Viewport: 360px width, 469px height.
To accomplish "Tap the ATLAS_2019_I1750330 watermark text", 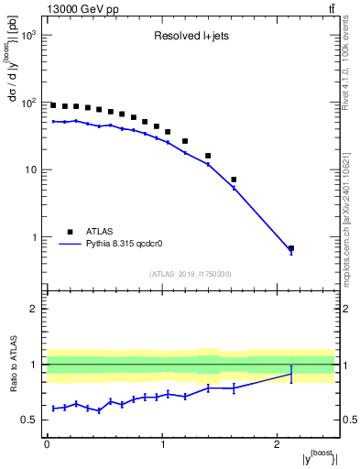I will [190, 274].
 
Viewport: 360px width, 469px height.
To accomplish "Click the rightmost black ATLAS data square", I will [291, 248].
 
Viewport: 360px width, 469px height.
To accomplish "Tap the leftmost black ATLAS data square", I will [53, 105].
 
